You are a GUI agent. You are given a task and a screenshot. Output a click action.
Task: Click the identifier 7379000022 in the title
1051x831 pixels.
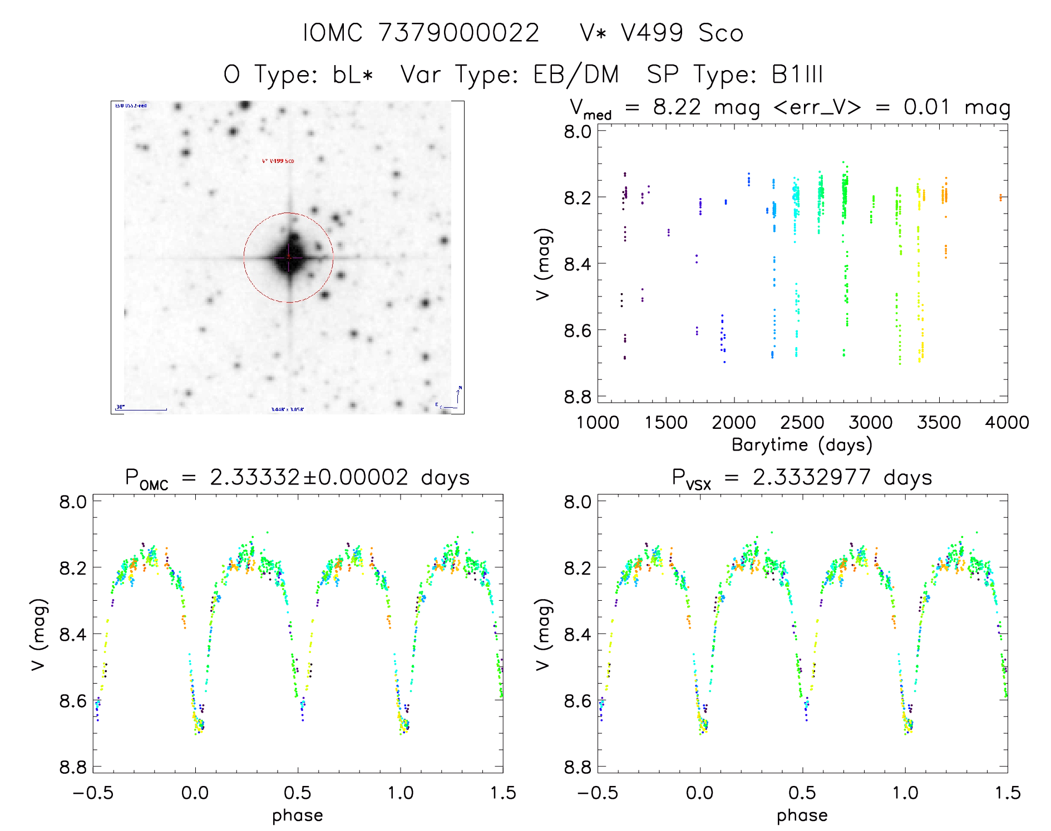point(458,33)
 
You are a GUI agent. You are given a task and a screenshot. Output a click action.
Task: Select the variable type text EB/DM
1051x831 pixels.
point(576,74)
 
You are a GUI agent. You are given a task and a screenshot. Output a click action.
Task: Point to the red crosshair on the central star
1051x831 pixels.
point(289,257)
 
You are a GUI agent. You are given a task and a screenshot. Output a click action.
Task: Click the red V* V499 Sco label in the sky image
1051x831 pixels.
point(278,161)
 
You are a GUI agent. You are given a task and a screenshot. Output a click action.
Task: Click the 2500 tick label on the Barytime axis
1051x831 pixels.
point(802,423)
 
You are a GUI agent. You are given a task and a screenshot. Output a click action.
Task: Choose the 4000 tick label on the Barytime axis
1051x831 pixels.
point(1007,423)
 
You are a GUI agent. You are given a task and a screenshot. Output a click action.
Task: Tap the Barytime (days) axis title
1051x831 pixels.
point(802,445)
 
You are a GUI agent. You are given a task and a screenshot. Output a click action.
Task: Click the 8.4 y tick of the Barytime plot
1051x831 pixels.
point(577,264)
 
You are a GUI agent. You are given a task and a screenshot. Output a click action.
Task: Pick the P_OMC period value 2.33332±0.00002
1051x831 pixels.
point(309,478)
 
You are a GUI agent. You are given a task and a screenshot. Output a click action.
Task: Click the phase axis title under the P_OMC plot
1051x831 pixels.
point(298,815)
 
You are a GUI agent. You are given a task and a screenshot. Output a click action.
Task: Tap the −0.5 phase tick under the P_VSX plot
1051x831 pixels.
point(597,793)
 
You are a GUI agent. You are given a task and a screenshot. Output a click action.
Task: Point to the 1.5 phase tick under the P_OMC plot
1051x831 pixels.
point(503,793)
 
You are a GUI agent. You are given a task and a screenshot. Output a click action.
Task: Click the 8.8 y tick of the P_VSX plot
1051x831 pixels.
point(577,768)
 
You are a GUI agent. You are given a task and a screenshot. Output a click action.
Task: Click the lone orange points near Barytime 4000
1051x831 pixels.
point(1000,197)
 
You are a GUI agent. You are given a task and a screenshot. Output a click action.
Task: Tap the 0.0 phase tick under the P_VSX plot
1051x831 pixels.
point(700,793)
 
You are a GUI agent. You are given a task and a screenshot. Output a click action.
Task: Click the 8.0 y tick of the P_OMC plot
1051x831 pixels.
point(73,502)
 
